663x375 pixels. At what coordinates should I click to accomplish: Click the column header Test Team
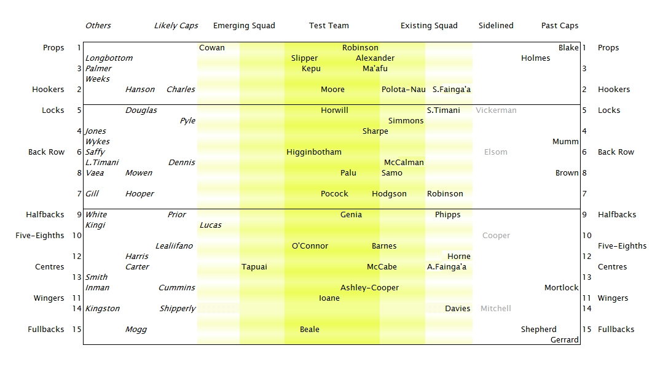coord(329,26)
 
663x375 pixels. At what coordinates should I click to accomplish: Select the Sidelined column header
coord(496,26)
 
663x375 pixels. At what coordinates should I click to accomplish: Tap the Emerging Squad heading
coord(244,26)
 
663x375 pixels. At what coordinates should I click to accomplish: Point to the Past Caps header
coord(560,26)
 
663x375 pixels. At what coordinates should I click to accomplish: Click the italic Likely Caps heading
coord(176,26)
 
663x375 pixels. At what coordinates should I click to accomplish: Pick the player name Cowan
coord(212,48)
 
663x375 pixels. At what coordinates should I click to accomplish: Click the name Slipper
coord(305,58)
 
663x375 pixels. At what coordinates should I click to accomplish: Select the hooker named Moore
coord(332,90)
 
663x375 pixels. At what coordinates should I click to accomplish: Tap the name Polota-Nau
coord(404,90)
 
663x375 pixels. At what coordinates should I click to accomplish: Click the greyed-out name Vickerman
coord(496,110)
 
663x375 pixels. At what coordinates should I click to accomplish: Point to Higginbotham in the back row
coord(314,152)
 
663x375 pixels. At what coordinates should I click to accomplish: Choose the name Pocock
coord(334,194)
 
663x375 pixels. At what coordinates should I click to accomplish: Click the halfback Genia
coord(351,215)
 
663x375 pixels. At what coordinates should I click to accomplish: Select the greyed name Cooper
coord(496,236)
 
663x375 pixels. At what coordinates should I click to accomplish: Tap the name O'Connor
coord(310,246)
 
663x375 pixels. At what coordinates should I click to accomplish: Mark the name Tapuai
coord(254,267)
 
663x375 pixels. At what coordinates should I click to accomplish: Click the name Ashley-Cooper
coord(369,288)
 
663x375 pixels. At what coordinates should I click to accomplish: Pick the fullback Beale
coord(310,330)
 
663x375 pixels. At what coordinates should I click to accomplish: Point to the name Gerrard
coord(564,340)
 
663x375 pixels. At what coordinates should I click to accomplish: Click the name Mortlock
coord(562,288)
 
